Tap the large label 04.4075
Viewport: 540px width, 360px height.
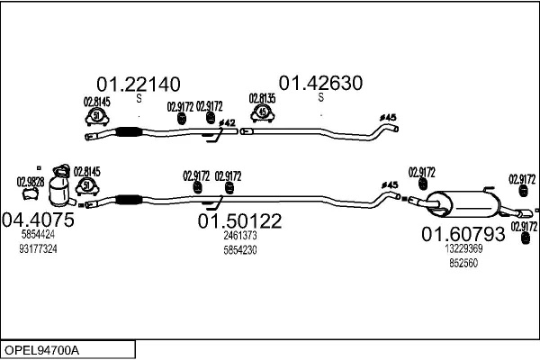click(x=38, y=219)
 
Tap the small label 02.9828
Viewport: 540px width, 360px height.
click(x=30, y=180)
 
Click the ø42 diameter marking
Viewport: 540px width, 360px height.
click(x=228, y=122)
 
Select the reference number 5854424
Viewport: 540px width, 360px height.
click(x=38, y=235)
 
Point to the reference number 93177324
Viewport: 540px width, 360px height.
click(x=38, y=248)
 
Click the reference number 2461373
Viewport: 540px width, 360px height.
click(x=240, y=236)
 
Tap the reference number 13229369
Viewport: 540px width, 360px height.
click(x=463, y=249)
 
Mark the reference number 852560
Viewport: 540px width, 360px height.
click(x=463, y=263)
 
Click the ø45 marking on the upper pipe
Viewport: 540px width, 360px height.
click(x=389, y=117)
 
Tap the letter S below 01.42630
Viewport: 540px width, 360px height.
click(x=320, y=100)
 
